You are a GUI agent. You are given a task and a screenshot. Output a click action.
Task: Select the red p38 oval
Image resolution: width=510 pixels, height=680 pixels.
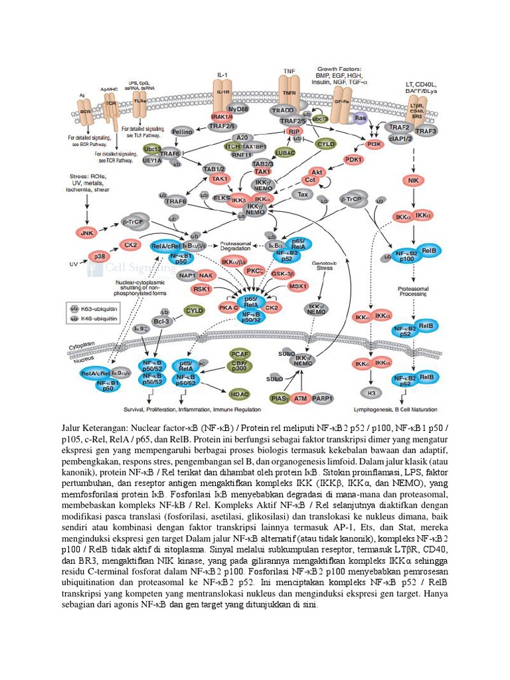[x=99, y=256]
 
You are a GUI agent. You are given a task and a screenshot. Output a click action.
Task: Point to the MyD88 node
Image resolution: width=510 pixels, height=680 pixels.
[x=236, y=109]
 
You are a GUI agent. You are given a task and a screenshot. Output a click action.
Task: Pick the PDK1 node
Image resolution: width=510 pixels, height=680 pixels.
[x=354, y=160]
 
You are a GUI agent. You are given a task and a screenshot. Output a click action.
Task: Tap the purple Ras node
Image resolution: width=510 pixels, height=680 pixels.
[x=361, y=118]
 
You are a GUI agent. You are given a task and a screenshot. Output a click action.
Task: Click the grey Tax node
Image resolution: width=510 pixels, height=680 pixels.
[x=304, y=195]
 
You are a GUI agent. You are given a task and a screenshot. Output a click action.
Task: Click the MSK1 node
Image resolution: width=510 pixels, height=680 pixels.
[x=298, y=286]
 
